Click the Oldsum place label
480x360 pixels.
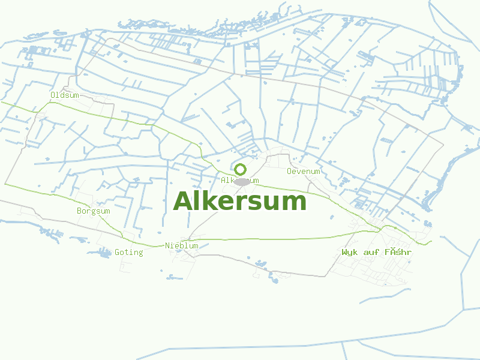(64, 95)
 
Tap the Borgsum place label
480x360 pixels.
(93, 211)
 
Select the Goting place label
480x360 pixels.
(128, 253)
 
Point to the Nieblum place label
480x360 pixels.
(181, 245)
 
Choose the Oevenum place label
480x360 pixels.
(303, 172)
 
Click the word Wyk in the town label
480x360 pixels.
(349, 253)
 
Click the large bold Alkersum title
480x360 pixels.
(239, 201)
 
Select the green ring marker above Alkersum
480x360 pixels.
(240, 169)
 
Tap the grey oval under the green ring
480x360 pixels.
(241, 181)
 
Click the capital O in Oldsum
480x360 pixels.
(53, 95)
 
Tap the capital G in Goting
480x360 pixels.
(117, 253)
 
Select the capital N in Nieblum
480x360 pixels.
(167, 245)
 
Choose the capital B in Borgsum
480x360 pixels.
(79, 211)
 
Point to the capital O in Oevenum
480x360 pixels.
(289, 172)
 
